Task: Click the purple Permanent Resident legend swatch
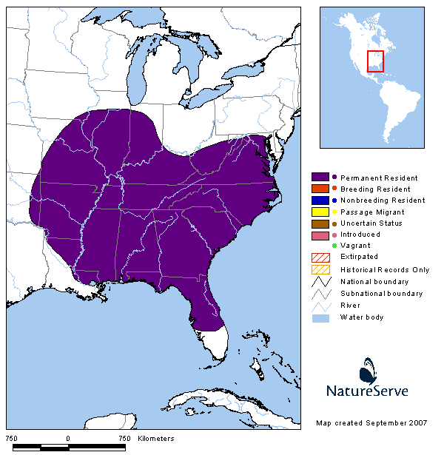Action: click(320, 178)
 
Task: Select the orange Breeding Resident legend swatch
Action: click(320, 189)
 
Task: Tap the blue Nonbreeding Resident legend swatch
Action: click(320, 200)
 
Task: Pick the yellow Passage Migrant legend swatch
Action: click(320, 212)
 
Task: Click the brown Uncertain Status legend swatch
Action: click(320, 223)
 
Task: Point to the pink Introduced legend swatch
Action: click(320, 235)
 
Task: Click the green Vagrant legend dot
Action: click(334, 245)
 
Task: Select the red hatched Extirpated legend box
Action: click(320, 257)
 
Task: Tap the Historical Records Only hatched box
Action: click(320, 269)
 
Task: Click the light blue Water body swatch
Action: click(320, 317)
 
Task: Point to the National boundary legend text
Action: click(374, 281)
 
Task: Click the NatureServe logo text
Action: click(367, 390)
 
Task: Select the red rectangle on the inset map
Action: click(376, 61)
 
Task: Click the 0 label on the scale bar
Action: click(68, 438)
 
